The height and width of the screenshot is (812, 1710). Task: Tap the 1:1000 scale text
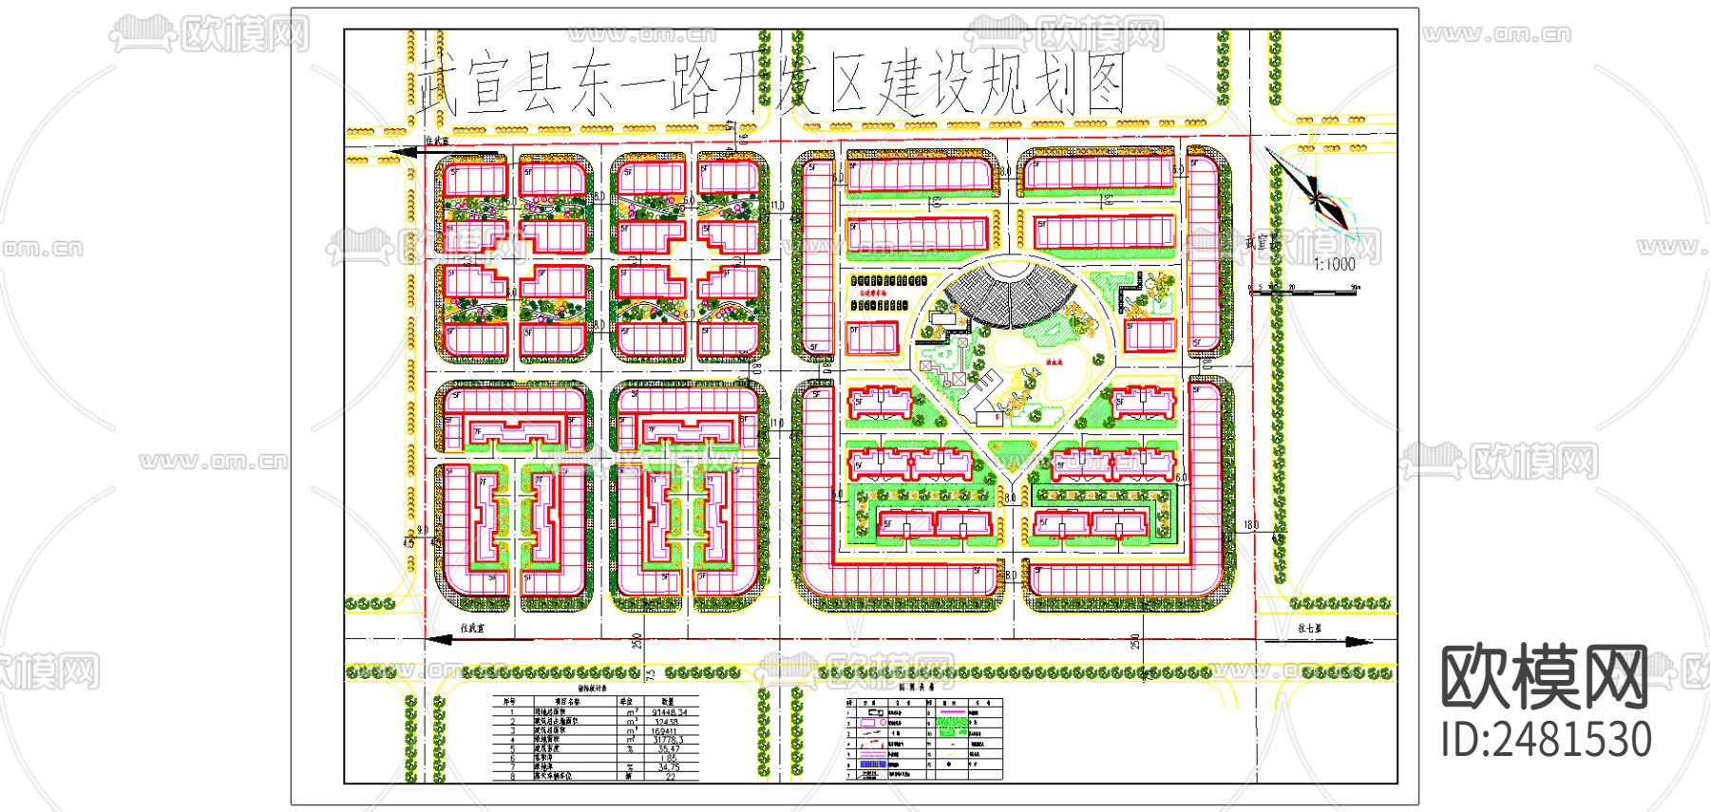[1335, 264]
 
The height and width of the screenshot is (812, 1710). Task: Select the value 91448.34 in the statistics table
[669, 711]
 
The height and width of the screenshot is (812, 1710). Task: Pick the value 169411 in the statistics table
[664, 730]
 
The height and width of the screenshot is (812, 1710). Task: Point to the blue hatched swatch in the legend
[872, 764]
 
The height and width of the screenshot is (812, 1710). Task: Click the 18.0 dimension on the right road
[1251, 524]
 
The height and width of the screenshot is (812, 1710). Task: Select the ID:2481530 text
[1546, 740]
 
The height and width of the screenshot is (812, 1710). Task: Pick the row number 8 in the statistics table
[512, 776]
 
